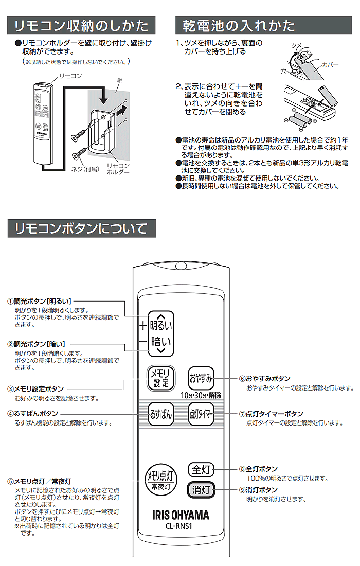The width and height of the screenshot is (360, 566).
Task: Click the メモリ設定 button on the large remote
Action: pos(161,379)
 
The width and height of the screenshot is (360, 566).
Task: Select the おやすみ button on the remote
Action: pos(201,379)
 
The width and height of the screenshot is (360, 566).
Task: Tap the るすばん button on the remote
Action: pos(161,414)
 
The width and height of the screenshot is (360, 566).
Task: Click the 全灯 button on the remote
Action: pos(201,469)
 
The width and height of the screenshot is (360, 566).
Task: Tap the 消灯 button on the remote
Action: pos(201,490)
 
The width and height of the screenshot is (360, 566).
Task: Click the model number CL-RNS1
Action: pos(180,526)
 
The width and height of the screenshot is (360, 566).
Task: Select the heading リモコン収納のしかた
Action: pos(81,25)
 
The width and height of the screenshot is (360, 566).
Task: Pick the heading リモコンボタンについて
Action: pos(81,227)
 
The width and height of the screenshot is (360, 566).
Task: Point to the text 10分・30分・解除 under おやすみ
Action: pos(201,395)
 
